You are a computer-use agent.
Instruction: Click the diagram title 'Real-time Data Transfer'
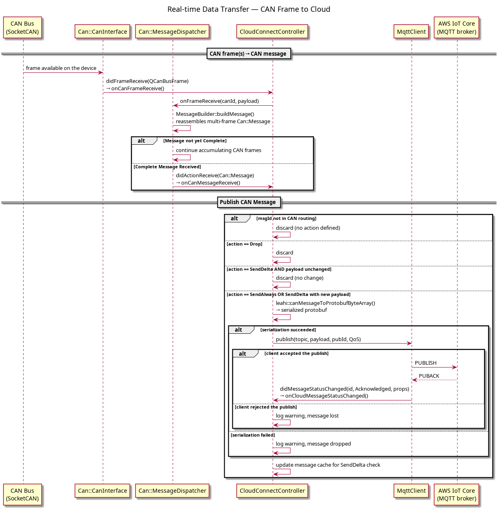click(x=208, y=9)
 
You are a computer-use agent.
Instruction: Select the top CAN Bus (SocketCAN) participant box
click(x=22, y=28)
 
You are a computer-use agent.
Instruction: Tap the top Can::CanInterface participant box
click(x=102, y=31)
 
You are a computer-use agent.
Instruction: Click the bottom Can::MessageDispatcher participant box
click(x=172, y=491)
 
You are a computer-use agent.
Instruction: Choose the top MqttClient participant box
click(x=411, y=31)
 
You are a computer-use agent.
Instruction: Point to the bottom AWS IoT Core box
click(x=456, y=494)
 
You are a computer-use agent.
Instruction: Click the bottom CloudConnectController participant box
click(x=272, y=491)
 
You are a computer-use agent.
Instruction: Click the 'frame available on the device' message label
click(x=61, y=68)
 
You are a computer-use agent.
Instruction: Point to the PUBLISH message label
click(x=425, y=363)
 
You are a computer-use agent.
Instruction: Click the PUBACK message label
click(x=429, y=376)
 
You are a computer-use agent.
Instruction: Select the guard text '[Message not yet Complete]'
click(x=195, y=141)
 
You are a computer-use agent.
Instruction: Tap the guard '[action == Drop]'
click(x=245, y=244)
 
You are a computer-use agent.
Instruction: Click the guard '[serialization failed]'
click(x=253, y=435)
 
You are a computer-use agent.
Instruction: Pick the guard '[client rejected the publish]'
click(x=266, y=407)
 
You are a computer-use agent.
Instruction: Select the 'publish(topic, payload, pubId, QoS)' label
click(x=318, y=339)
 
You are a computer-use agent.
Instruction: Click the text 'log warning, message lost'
click(x=307, y=416)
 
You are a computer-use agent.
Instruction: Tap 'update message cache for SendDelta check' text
click(x=328, y=465)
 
